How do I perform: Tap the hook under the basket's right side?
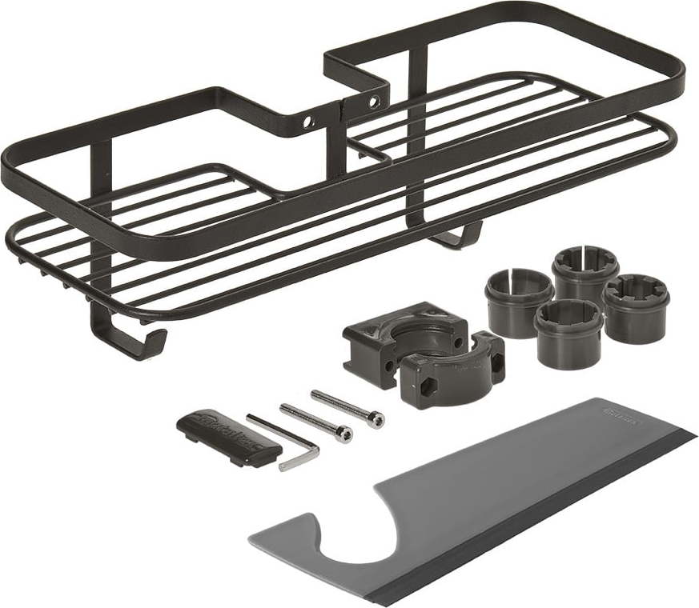460,237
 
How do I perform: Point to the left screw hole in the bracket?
305,123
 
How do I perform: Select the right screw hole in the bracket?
373,102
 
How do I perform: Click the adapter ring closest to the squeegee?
568,332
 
